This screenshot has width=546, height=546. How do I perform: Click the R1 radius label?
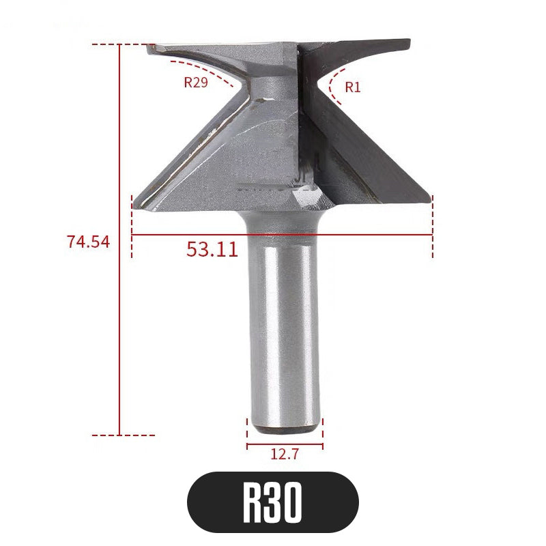352,87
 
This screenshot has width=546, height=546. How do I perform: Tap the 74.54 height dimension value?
88,241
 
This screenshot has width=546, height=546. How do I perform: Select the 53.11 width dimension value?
212,249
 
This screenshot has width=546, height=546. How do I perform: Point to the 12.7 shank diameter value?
285,453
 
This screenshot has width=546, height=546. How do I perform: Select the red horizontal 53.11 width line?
341,235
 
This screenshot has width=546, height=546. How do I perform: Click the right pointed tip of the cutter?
430,198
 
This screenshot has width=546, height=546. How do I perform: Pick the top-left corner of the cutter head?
150,46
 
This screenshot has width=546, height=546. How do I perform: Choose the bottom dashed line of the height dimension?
123,434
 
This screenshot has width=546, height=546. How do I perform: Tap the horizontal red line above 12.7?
285,440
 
